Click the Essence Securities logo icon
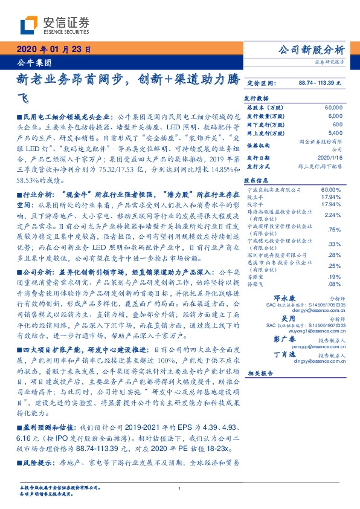point(28,25)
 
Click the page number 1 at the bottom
point(180,488)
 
